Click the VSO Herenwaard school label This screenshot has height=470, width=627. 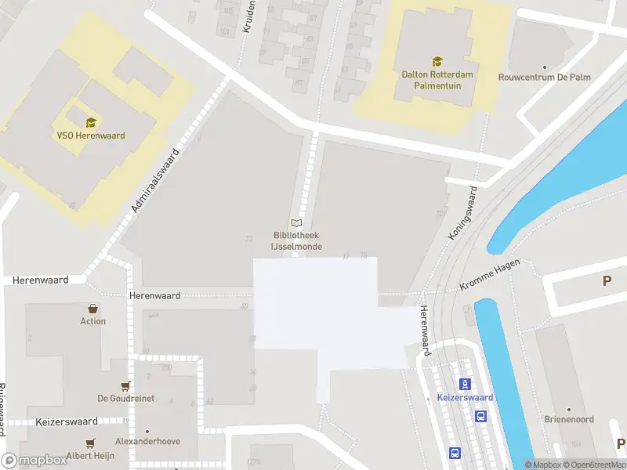pyautogui.click(x=91, y=136)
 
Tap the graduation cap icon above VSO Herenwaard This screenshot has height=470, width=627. pyautogui.click(x=91, y=122)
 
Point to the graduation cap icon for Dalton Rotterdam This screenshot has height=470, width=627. pyautogui.click(x=437, y=61)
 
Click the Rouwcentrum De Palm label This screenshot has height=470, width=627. pyautogui.click(x=545, y=78)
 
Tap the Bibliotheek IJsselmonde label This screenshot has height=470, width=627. pyautogui.click(x=295, y=240)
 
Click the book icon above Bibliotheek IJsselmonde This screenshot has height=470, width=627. pyautogui.click(x=296, y=223)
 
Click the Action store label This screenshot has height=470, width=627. pyautogui.click(x=93, y=321)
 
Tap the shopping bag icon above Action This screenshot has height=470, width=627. pyautogui.click(x=93, y=309)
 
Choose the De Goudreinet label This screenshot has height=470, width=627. pyautogui.click(x=125, y=398)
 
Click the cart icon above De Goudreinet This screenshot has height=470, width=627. pyautogui.click(x=125, y=385)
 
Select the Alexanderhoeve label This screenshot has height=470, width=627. pyautogui.click(x=147, y=441)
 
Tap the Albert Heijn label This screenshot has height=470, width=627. pyautogui.click(x=90, y=455)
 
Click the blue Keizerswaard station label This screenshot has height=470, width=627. pyautogui.click(x=466, y=397)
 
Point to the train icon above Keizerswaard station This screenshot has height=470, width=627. pyautogui.click(x=466, y=383)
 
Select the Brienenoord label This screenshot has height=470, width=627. pyautogui.click(x=568, y=419)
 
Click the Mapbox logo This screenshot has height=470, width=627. pyautogui.click(x=35, y=460)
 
